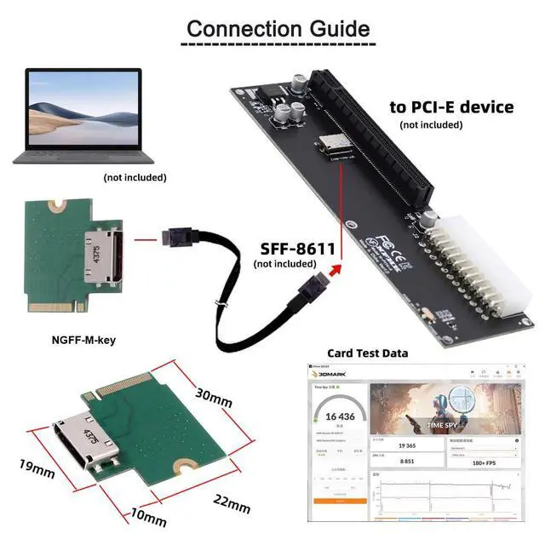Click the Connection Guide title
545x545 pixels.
click(278, 28)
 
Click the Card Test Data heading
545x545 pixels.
click(367, 353)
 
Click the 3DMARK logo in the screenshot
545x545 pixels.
click(330, 372)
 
